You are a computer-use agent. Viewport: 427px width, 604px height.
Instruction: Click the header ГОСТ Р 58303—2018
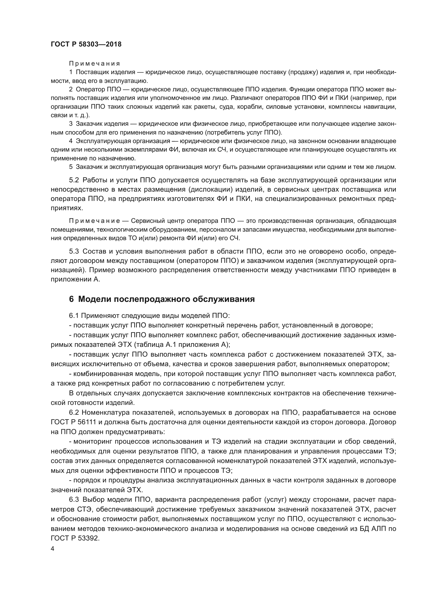(86, 44)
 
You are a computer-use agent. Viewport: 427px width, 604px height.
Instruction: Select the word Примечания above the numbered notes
(94, 64)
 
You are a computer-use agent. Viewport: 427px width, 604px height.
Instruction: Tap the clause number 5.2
(74, 180)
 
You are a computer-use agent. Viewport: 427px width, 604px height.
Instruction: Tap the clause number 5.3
(74, 251)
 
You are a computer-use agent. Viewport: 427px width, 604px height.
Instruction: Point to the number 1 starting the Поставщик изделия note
(70, 72)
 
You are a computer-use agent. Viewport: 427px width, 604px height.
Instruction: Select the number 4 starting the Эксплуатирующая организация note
(70, 141)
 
